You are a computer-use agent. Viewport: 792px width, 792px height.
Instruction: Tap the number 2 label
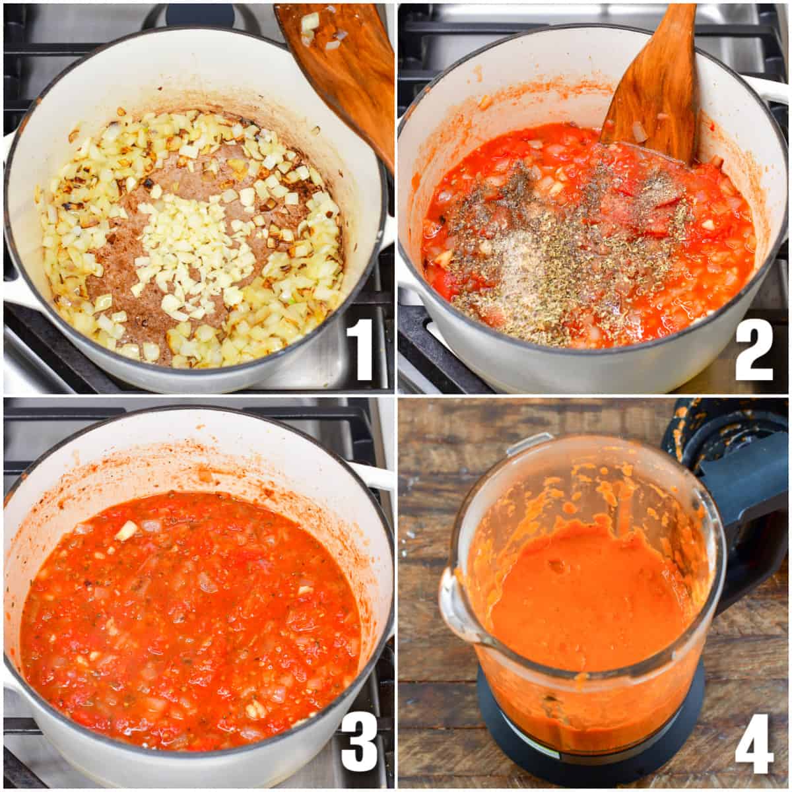tap(754, 348)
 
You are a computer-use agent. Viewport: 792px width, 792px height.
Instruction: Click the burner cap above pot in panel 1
tap(198, 15)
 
